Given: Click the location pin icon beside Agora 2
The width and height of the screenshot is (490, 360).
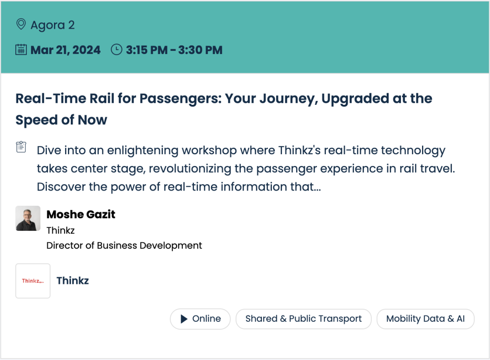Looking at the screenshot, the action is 21,24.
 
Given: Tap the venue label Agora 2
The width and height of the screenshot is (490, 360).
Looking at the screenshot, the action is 53,25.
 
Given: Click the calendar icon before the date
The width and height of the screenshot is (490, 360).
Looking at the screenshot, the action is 21,50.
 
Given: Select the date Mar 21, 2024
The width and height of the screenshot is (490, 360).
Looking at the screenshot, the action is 66,50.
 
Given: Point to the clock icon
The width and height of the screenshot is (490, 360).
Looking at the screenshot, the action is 117,50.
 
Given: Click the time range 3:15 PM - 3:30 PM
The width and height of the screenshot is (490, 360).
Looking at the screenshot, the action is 174,50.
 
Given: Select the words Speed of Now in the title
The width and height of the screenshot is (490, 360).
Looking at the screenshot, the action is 61,120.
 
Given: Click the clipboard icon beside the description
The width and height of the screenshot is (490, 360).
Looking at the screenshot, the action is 21,147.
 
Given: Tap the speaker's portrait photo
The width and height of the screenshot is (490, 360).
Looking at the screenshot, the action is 28,218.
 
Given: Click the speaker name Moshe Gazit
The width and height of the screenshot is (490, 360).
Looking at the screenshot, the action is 81,214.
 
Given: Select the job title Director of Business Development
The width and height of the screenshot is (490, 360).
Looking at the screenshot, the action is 124,246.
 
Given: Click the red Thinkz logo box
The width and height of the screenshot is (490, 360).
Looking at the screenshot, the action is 33,281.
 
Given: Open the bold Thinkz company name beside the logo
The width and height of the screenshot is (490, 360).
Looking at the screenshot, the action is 73,281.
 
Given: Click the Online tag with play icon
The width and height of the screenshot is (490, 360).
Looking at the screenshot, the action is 200,319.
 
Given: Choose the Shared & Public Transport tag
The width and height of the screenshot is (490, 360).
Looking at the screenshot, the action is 303,319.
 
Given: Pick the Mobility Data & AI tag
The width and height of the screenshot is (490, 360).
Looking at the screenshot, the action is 425,319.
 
